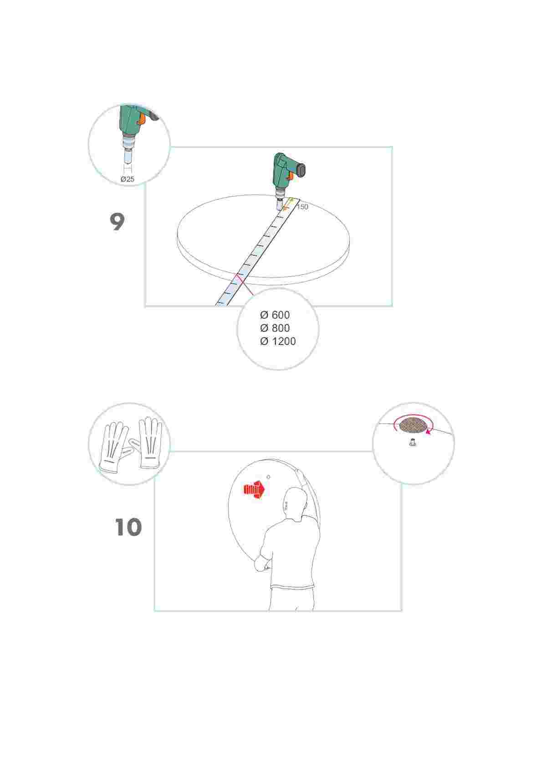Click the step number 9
tap(117, 222)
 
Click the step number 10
tap(128, 527)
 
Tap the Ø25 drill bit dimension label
tap(128, 179)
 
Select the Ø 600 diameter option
tap(275, 315)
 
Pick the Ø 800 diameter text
tap(275, 328)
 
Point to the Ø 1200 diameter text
tap(278, 342)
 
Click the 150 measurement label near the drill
tap(302, 207)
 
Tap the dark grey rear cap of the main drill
tap(302, 171)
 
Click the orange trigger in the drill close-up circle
tap(142, 118)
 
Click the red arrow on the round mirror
tap(254, 490)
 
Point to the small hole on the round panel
tap(268, 477)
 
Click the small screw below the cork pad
tap(413, 443)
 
